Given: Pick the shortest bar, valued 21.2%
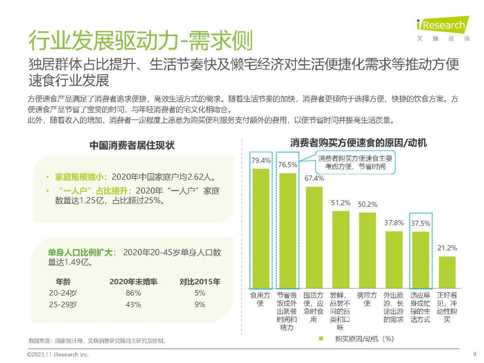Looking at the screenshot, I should pos(447,272).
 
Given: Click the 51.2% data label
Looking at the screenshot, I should pos(341,203).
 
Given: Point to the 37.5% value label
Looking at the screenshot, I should pos(420,223).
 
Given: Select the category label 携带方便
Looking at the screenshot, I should pos(367,299).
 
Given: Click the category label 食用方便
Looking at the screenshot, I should pos(260,299).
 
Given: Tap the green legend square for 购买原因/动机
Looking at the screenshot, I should pos(321,339).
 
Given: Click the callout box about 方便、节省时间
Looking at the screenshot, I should pos(355,163).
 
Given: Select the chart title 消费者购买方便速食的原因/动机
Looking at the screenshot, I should pos(358,143).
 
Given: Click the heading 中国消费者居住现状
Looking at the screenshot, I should pos(132,146).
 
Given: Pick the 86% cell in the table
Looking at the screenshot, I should pos(133,293).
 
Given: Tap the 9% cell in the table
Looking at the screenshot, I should pos(200,304).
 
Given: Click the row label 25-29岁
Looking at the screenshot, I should pos(63,304).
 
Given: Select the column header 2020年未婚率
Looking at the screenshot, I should pos(133,282).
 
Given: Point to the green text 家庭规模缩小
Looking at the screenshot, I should pos(79,177).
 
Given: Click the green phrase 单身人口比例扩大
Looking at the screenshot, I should pos(80,253).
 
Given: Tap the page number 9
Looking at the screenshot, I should pos(475,354).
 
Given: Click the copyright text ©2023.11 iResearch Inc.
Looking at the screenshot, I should pos(57,355).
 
